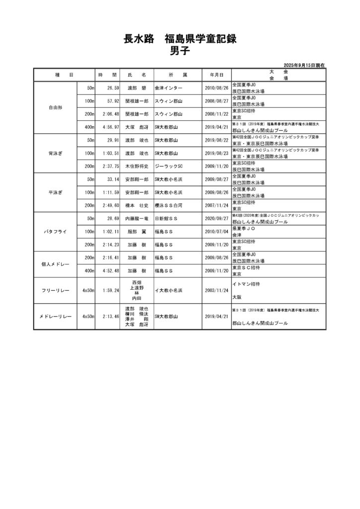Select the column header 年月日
tap(216, 75)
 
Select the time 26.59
tap(109, 88)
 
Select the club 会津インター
tap(169, 88)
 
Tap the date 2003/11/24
tap(216, 290)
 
